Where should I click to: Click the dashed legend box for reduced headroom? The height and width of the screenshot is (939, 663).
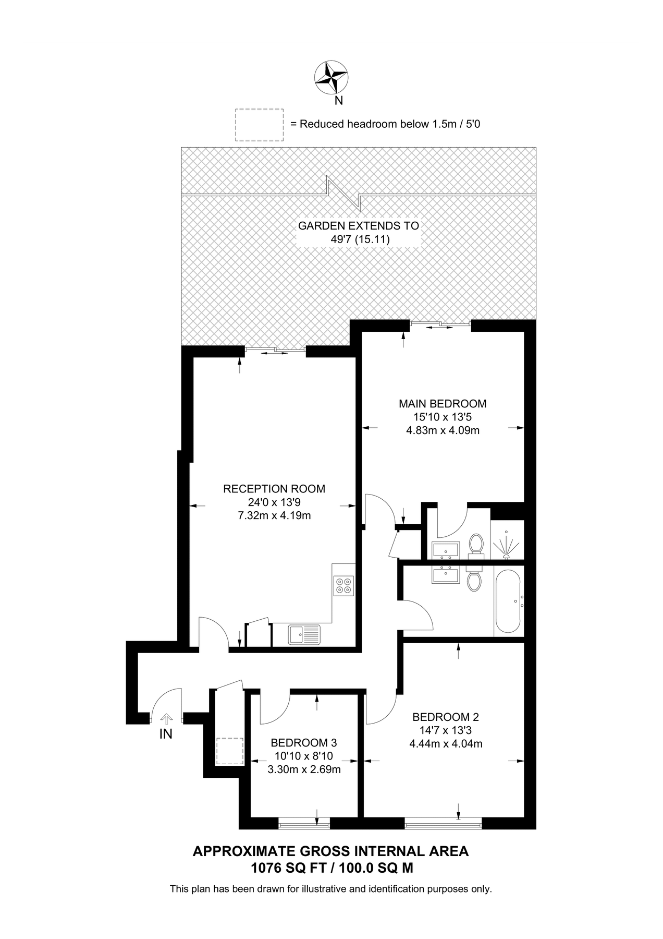pos(259,125)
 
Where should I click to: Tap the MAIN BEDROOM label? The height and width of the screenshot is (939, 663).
pos(443,403)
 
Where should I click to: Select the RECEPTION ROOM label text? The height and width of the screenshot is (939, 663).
pos(274,489)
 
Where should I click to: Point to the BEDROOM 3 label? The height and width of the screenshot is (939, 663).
pos(304,743)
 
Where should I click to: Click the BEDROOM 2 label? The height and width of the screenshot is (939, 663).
pos(446,717)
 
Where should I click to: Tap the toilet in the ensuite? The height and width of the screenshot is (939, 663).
pos(475,544)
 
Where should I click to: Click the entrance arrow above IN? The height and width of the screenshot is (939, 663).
pos(166,719)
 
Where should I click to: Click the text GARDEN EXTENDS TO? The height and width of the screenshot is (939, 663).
pos(358,226)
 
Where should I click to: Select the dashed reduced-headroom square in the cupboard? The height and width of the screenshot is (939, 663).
pos(230,751)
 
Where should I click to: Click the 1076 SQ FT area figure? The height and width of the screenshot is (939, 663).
pos(292,868)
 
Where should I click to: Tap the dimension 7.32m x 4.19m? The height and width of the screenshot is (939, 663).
pos(274,516)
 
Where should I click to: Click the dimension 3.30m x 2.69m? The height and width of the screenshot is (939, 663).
pos(304,769)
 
